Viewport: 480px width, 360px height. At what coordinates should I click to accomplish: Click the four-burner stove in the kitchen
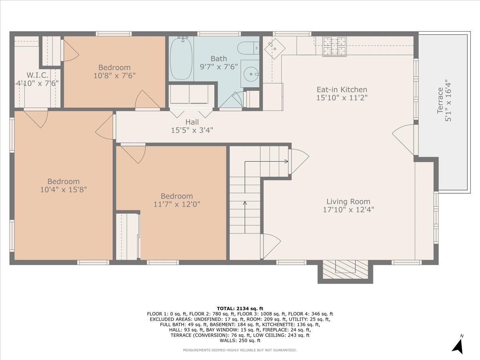point(334,46)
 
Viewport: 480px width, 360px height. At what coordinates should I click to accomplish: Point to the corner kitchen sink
point(275,48)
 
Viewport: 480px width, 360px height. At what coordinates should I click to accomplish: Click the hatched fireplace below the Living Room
point(345,269)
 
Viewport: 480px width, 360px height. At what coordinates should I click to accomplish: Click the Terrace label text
point(440,100)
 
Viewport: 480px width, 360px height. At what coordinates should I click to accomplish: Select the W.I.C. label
point(37,75)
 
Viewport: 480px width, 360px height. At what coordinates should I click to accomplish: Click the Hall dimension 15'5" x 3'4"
point(192,130)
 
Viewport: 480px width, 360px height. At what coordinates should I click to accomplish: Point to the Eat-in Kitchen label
point(342,90)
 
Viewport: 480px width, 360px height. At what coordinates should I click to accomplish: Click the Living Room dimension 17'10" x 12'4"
point(348,210)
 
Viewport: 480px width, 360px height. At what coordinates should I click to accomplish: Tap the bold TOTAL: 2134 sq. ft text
point(240,309)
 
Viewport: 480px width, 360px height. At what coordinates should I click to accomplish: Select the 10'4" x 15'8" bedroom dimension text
point(64,190)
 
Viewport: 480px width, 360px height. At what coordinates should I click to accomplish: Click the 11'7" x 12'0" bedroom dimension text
point(177,204)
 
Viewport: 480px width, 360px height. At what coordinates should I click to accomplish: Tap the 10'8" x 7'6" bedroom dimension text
point(114,76)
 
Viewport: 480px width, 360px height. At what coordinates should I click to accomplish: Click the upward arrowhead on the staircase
point(245,203)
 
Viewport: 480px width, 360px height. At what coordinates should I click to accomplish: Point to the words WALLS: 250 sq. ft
point(240,340)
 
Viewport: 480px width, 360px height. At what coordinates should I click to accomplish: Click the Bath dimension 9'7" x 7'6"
point(219,67)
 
